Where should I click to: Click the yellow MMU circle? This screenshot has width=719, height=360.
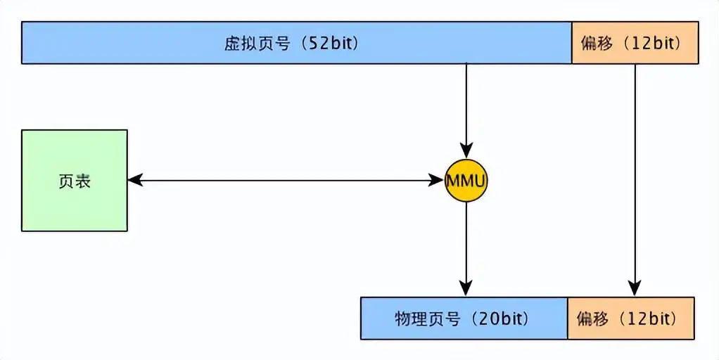coord(466,181)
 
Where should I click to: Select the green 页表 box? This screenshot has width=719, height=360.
coord(75,181)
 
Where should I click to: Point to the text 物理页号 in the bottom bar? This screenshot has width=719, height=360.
coord(427,319)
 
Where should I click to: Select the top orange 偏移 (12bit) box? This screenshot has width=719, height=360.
coord(635,43)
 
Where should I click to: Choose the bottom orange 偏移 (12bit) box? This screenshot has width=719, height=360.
coord(631,319)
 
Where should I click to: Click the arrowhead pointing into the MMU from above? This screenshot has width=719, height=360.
coord(466,151)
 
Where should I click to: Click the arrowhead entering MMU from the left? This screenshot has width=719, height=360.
coord(436,181)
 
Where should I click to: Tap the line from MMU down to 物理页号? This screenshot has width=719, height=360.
coord(466,249)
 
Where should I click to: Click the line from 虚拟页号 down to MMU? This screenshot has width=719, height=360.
coord(466,111)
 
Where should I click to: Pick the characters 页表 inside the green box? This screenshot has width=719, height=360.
coord(75,181)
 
